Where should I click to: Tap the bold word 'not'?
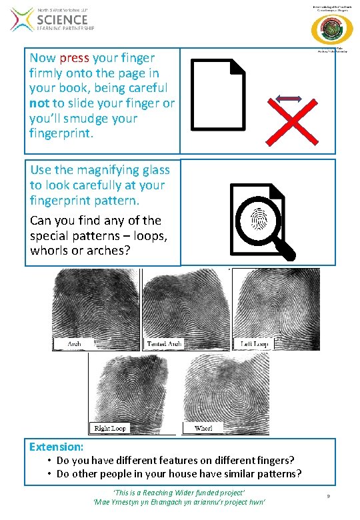(x=40, y=103)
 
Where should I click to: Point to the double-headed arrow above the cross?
(x=289, y=99)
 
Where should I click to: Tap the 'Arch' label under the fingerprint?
(x=75, y=344)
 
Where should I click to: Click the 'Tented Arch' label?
(x=163, y=344)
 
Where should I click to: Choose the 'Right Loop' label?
(x=110, y=427)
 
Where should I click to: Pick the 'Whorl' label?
(x=203, y=427)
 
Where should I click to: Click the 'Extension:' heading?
(x=57, y=447)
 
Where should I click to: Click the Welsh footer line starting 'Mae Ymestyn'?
(x=179, y=501)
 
